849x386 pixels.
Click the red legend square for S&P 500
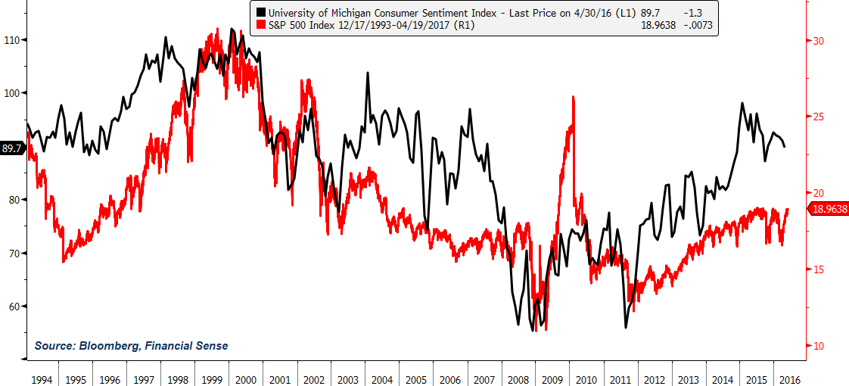261,25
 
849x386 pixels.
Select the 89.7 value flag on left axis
12,149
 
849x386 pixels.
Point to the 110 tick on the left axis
12,40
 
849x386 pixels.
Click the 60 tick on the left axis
14,307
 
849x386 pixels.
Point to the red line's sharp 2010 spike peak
574,97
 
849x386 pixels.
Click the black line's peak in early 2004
368,73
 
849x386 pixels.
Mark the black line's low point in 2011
626,327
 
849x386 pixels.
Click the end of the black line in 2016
785,147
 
